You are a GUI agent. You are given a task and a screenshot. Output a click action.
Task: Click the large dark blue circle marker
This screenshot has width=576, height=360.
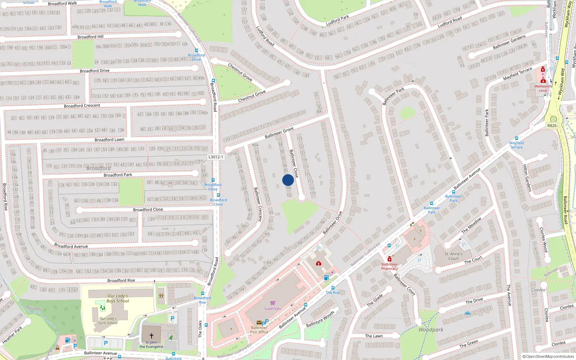click(288, 180)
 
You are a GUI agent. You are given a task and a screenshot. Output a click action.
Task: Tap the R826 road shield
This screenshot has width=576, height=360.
click(552, 126)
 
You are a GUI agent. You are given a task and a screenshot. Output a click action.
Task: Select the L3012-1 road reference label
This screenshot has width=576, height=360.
click(216, 157)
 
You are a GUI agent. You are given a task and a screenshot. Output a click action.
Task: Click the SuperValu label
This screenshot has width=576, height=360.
click(273, 309)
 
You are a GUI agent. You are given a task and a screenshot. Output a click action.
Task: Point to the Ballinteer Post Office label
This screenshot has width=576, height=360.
click(259, 330)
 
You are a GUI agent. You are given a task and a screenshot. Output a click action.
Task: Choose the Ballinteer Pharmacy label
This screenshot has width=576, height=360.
click(390, 266)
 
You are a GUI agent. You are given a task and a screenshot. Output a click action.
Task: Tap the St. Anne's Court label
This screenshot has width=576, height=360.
click(454, 256)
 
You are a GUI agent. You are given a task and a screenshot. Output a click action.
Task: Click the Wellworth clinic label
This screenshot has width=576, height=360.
click(543, 88)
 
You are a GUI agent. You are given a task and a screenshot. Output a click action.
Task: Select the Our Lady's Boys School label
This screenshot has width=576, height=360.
click(118, 298)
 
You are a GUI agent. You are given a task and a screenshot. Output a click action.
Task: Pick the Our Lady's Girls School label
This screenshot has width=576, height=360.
click(108, 320)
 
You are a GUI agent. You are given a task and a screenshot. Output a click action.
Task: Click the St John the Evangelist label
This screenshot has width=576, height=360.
click(151, 345)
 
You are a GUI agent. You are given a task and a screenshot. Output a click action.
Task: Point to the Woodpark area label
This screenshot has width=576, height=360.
click(431, 329)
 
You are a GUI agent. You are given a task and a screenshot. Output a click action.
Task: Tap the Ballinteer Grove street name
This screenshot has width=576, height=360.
click(279, 133)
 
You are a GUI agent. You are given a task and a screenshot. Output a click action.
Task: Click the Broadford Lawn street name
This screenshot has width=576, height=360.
click(109, 140)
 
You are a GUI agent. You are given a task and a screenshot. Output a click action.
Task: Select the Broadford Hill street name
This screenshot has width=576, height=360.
click(90, 37)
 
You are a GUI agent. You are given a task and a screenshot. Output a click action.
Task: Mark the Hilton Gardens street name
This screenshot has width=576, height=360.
click(527, 178)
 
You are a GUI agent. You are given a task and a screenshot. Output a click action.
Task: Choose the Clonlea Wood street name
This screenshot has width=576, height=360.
click(544, 239)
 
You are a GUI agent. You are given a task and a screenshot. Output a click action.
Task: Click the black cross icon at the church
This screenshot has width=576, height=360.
click(152, 336)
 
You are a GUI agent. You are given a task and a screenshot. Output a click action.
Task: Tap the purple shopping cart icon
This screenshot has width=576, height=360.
click(273, 303)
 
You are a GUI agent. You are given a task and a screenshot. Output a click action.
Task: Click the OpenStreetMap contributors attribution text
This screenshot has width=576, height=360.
click(548, 356)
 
